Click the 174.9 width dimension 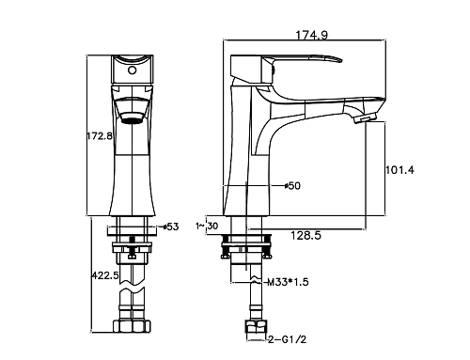tap(312, 35)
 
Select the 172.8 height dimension tap(99, 136)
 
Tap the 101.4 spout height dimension tap(399, 170)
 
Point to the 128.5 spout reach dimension tap(305, 235)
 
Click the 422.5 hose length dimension tap(105, 275)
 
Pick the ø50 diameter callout tap(292, 186)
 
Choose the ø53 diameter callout tap(170, 227)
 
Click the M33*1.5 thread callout tap(288, 282)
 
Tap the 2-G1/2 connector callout tap(287, 339)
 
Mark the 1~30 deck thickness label tap(207, 226)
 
